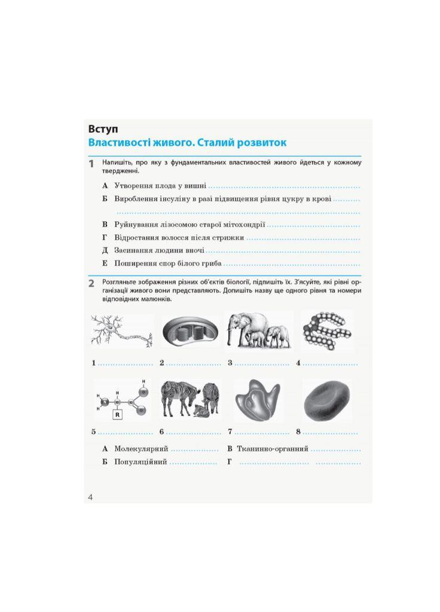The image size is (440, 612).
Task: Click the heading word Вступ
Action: (103, 128)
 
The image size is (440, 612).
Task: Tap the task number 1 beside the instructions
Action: (91, 164)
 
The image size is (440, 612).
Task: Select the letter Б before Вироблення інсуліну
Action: (105, 198)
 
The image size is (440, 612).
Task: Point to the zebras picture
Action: (190, 399)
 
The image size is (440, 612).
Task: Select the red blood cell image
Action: (326, 400)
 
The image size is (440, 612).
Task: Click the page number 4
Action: (90, 497)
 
